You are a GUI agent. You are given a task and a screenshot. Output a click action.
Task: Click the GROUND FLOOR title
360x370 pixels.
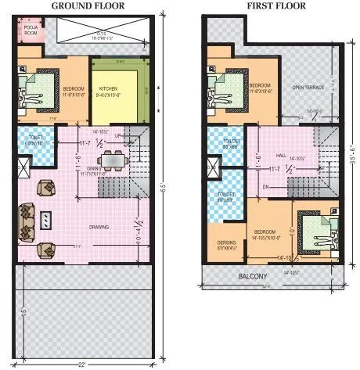tap(88, 5)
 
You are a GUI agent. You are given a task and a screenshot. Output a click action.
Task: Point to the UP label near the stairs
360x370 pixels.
tap(119, 134)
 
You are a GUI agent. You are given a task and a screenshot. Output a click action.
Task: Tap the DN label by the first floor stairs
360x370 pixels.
tap(266, 187)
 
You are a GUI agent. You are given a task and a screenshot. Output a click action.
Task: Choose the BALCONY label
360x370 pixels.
tap(254, 276)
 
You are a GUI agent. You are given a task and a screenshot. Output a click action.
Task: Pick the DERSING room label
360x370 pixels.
tap(227, 243)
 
